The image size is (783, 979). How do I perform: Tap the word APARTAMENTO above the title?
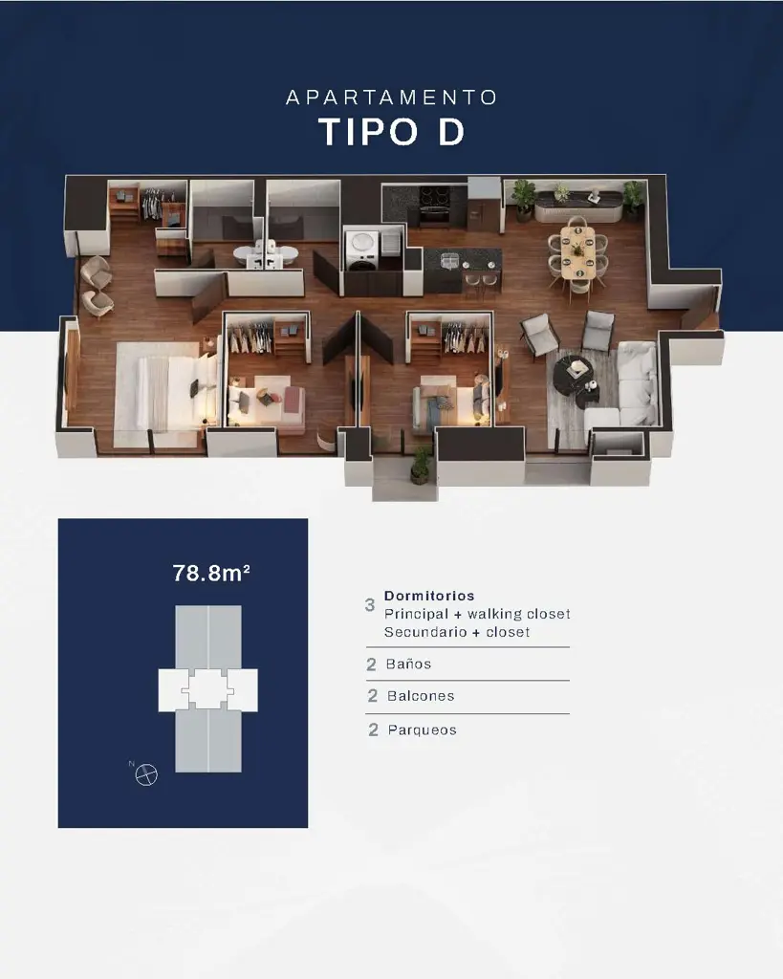(392, 98)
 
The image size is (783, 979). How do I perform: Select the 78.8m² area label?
(211, 574)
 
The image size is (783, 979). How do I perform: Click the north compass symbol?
(145, 774)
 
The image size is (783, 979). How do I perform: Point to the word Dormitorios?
(429, 596)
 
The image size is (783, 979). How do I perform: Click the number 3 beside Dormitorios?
(370, 605)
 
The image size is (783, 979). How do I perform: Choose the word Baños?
(408, 664)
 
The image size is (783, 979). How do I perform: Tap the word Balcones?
(421, 696)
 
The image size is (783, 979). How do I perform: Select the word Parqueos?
(422, 729)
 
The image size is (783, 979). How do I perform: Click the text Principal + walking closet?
(477, 614)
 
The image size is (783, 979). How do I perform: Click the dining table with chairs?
(577, 250)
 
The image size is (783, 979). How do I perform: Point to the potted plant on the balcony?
(421, 466)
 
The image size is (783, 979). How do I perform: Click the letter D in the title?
(450, 132)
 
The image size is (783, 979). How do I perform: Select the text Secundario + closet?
(457, 632)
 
